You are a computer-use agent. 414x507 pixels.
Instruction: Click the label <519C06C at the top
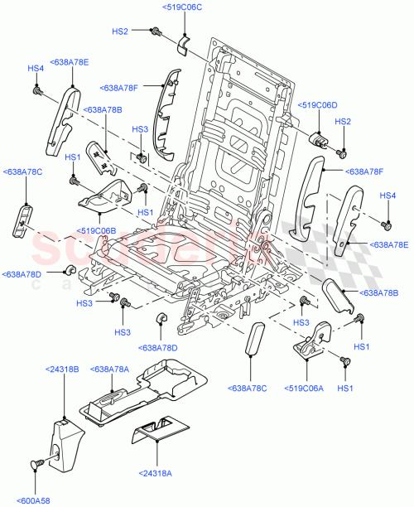click(180, 7)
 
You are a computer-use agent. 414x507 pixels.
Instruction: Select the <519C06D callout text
click(318, 106)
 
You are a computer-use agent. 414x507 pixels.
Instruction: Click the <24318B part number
click(64, 369)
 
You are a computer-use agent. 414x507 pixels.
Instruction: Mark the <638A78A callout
click(109, 369)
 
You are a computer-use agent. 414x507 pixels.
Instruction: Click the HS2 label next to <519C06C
click(120, 31)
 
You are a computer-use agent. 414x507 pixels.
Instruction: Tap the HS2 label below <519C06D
click(343, 122)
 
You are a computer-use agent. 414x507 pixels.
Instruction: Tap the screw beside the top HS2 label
click(155, 31)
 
